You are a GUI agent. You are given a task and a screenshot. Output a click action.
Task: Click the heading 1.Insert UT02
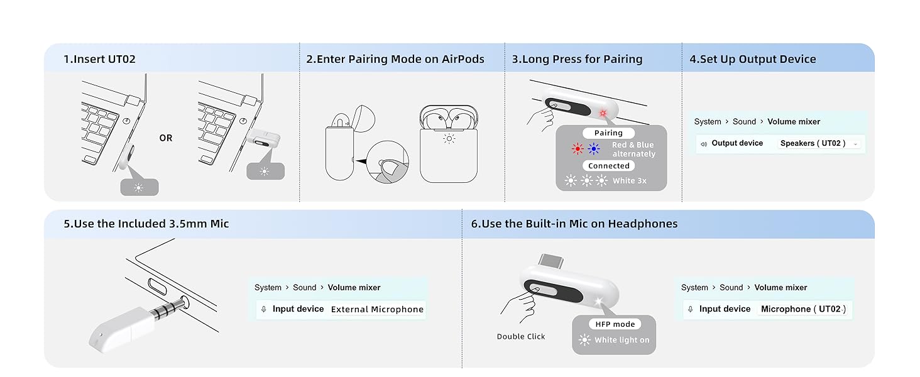[99, 60]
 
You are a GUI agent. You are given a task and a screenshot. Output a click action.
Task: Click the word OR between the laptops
[166, 138]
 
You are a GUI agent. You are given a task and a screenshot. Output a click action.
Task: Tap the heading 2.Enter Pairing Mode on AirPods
[395, 60]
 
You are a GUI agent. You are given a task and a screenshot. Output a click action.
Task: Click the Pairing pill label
[608, 133]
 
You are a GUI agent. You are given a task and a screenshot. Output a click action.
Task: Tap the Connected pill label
[608, 166]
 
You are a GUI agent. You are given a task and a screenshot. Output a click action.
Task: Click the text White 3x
[629, 181]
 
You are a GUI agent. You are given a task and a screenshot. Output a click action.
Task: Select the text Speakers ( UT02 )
[813, 143]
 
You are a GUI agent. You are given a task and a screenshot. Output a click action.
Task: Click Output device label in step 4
[737, 143]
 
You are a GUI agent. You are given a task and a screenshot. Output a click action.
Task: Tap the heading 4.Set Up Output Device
[752, 60]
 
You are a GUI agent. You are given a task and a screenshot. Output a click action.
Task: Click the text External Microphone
[377, 309]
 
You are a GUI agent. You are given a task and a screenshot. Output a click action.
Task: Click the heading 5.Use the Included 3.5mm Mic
[146, 224]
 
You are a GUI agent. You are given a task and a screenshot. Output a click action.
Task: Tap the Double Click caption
[521, 337]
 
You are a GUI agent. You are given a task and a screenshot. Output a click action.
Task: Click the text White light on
[622, 340]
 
